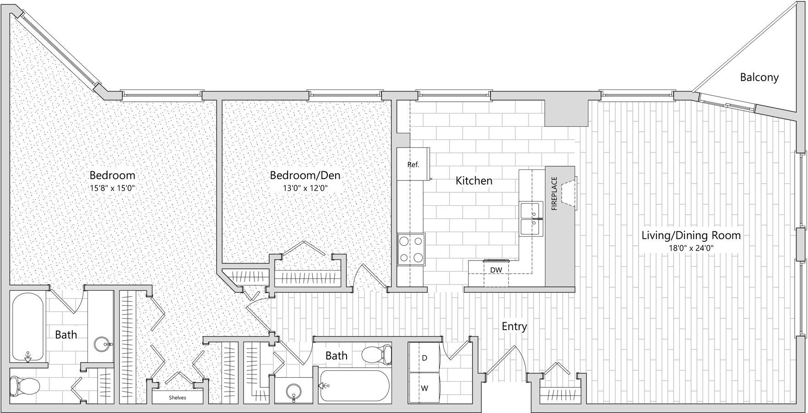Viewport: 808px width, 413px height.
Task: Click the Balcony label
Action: point(759,77)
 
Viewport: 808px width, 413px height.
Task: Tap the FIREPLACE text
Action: point(554,194)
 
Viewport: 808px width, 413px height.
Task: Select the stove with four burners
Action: point(411,249)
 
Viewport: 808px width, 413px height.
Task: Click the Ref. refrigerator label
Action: point(413,164)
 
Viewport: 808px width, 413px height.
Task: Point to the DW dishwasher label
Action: point(496,270)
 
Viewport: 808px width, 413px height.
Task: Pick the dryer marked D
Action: point(424,358)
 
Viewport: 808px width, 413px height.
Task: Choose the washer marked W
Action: point(424,388)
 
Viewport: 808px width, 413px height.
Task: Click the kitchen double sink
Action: point(531,219)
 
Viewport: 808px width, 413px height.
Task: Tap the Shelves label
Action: point(177,397)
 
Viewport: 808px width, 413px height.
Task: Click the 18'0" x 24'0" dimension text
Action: point(691,248)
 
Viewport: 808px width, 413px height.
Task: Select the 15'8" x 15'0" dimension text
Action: point(112,188)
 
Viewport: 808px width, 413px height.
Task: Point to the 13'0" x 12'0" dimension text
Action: point(305,188)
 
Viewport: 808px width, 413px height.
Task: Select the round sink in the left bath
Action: point(102,344)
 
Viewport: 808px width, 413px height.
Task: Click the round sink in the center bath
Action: point(293,392)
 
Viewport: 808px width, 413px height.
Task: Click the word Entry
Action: point(514,326)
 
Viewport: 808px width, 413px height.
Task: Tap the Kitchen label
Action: point(474,181)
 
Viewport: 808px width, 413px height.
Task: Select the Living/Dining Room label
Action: point(691,235)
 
